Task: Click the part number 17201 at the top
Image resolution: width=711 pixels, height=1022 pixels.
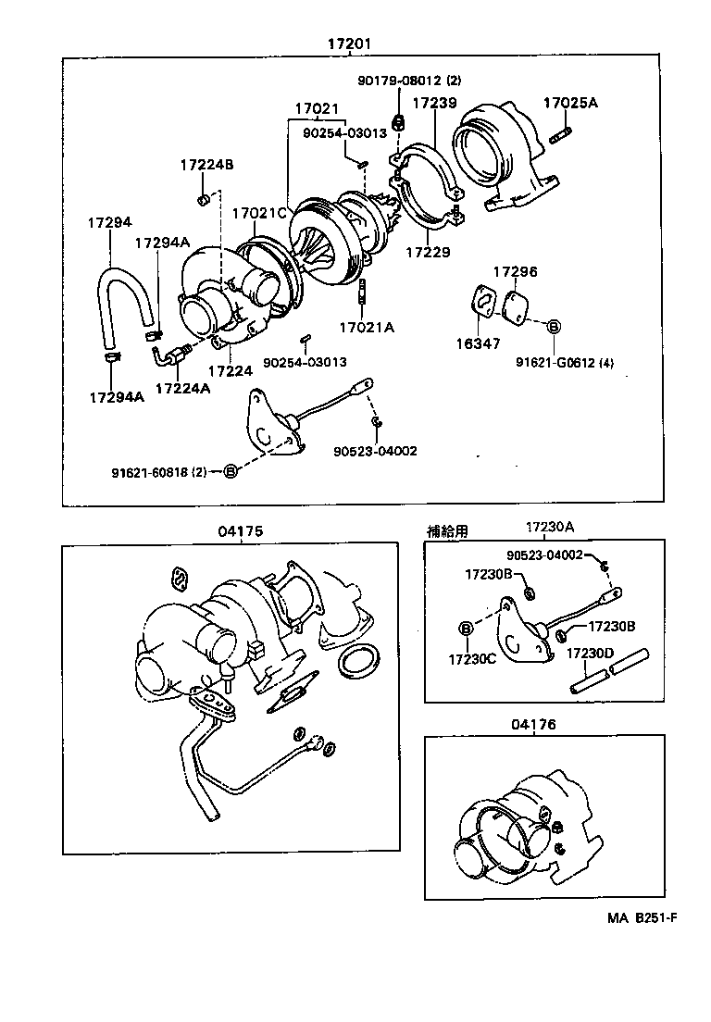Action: click(x=355, y=44)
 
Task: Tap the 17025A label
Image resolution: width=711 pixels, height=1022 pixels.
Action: click(x=570, y=103)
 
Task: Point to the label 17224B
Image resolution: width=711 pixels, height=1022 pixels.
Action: click(x=206, y=165)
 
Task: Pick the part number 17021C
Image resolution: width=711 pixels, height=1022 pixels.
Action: click(x=258, y=213)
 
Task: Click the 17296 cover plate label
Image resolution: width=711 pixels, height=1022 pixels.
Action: click(x=515, y=272)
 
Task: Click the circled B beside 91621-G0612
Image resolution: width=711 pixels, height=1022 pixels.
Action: click(x=554, y=327)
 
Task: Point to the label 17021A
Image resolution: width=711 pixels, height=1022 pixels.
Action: click(x=366, y=327)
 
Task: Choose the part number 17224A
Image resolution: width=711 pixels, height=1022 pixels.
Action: click(x=182, y=388)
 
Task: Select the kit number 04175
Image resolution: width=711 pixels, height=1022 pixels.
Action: click(x=241, y=530)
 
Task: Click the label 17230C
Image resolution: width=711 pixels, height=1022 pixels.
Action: click(x=472, y=659)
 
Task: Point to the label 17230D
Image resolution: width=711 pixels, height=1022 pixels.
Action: click(x=591, y=653)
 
